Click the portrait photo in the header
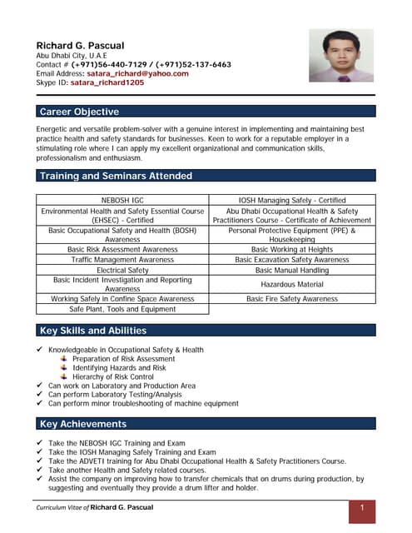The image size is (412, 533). click(x=341, y=55)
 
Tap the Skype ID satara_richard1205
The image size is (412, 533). click(x=107, y=82)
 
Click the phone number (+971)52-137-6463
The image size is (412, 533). click(x=192, y=64)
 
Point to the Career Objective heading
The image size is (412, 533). click(x=80, y=112)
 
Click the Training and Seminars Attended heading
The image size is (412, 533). click(x=116, y=176)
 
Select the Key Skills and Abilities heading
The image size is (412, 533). click(x=93, y=331)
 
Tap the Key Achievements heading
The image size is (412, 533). click(x=83, y=424)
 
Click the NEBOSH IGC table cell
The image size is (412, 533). click(x=123, y=201)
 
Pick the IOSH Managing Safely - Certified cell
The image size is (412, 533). click(x=291, y=201)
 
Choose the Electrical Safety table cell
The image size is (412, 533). click(x=123, y=271)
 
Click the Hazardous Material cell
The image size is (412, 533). click(x=291, y=285)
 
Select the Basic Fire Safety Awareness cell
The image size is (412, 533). click(x=291, y=298)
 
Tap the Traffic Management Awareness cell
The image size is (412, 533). click(x=123, y=260)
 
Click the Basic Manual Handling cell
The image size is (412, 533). click(x=291, y=271)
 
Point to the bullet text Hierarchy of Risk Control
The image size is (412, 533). click(x=113, y=376)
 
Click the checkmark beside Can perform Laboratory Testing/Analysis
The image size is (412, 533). click(x=41, y=395)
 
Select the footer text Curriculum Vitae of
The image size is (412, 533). click(x=62, y=507)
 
